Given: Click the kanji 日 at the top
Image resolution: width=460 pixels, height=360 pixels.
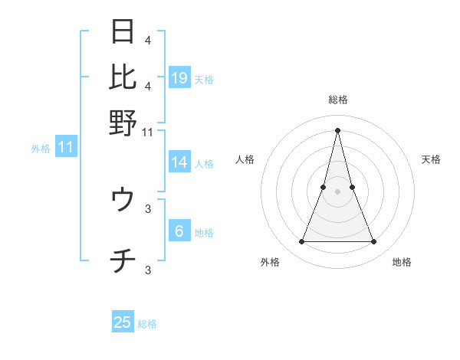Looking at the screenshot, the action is coord(123,32).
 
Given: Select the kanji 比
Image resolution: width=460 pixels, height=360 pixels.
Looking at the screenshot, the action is coord(123,77).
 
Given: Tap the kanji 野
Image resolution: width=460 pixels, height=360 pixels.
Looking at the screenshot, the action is coord(123,122).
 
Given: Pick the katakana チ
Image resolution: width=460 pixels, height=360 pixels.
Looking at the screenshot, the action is coord(123,263).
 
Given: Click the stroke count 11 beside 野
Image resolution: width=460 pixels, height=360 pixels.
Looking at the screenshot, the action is coord(148,132).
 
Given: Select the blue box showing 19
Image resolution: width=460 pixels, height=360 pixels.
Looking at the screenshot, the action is coord(179,77).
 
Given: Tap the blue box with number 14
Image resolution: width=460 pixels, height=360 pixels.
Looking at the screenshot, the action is coord(179,162).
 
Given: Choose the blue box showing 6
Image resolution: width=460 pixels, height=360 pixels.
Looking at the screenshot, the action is coord(179,231).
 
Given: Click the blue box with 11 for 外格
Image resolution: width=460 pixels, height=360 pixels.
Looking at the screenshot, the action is coord(65,147).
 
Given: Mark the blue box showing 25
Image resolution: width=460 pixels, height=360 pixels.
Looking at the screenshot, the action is coord(123,322).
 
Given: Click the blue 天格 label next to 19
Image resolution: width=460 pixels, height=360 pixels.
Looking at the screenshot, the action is coord(204,79).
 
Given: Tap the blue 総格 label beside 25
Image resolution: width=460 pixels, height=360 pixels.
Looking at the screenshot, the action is coord(147,324).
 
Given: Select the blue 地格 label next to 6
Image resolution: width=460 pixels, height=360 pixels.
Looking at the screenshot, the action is coord(204,233).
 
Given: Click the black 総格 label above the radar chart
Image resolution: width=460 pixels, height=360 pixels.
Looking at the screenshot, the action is coord(338,100).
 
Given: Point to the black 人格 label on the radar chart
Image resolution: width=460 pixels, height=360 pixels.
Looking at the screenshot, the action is coord(245,159).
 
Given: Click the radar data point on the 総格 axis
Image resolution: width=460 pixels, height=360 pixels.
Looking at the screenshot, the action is coord(338,130).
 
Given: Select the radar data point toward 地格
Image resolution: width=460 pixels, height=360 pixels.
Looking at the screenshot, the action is coord(374,242).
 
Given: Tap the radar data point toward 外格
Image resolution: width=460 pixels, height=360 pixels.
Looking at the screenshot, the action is coord(301,242).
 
